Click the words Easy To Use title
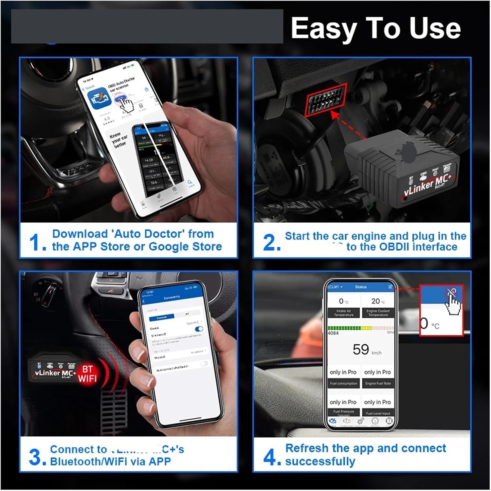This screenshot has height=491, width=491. pos(376,28)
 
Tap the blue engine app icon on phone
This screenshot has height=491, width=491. pos(98,98)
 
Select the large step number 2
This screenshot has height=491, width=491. pos(271,243)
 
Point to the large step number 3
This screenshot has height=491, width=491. pos(36,457)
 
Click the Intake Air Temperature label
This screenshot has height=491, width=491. pos(343,313)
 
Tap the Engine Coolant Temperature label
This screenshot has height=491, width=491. pos(378,313)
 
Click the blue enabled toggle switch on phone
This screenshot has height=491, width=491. pos(199,329)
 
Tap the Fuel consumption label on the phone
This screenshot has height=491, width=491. pos(343,383)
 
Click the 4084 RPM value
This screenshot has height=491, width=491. pos(333,333)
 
